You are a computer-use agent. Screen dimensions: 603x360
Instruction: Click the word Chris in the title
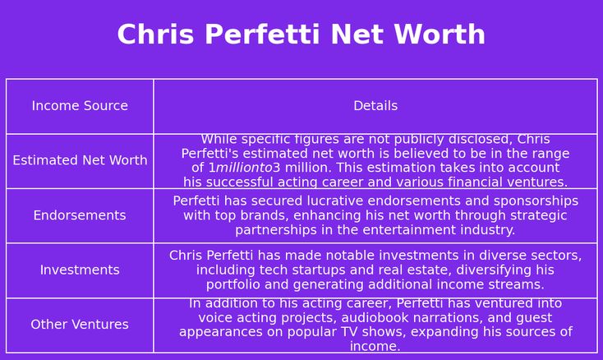click(x=156, y=35)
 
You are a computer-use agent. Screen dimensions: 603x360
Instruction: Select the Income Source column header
click(x=80, y=106)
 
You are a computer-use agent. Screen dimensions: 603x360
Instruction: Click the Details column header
click(x=375, y=106)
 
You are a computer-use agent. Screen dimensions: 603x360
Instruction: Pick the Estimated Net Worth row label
click(x=80, y=160)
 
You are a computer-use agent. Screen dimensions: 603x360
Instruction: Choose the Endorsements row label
click(x=80, y=215)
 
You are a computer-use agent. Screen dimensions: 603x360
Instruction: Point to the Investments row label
click(x=80, y=270)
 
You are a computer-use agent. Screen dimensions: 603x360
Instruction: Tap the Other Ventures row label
click(x=80, y=325)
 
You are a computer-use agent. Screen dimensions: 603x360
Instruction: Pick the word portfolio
click(x=233, y=285)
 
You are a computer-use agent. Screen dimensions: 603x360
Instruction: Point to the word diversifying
click(x=490, y=270)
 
